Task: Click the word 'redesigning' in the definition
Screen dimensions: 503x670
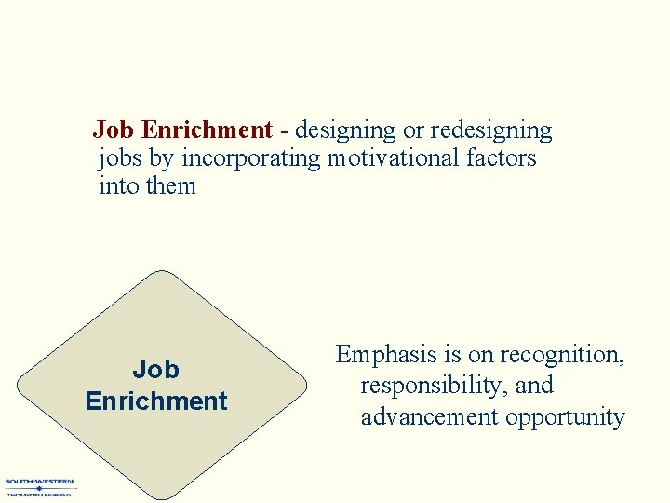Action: pyautogui.click(x=490, y=130)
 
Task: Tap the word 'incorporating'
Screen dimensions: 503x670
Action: pyautogui.click(x=250, y=158)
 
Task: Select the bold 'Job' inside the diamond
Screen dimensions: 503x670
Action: pyautogui.click(x=155, y=370)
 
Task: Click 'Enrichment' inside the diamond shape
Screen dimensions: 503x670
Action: pyautogui.click(x=155, y=401)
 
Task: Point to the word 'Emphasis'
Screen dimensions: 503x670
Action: pyautogui.click(x=384, y=355)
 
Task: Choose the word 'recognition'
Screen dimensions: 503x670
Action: pyautogui.click(x=562, y=355)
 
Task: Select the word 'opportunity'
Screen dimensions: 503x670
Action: pyautogui.click(x=565, y=417)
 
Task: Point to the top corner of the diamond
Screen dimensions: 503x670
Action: pyautogui.click(x=164, y=272)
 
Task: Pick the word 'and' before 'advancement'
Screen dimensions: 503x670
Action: pyautogui.click(x=535, y=386)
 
